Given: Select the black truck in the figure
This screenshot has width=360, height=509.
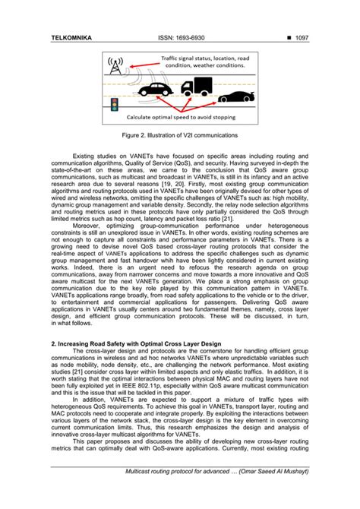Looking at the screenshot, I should coord(197,90).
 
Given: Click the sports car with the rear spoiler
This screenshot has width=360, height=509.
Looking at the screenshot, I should coord(236,97).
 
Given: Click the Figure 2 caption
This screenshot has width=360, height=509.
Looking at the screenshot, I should coord(180,135).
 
